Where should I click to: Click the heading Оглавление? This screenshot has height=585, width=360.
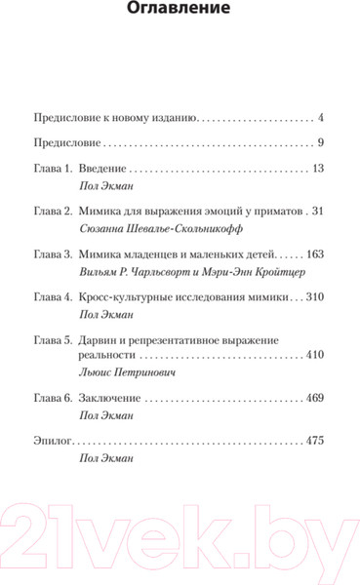click(180, 12)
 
